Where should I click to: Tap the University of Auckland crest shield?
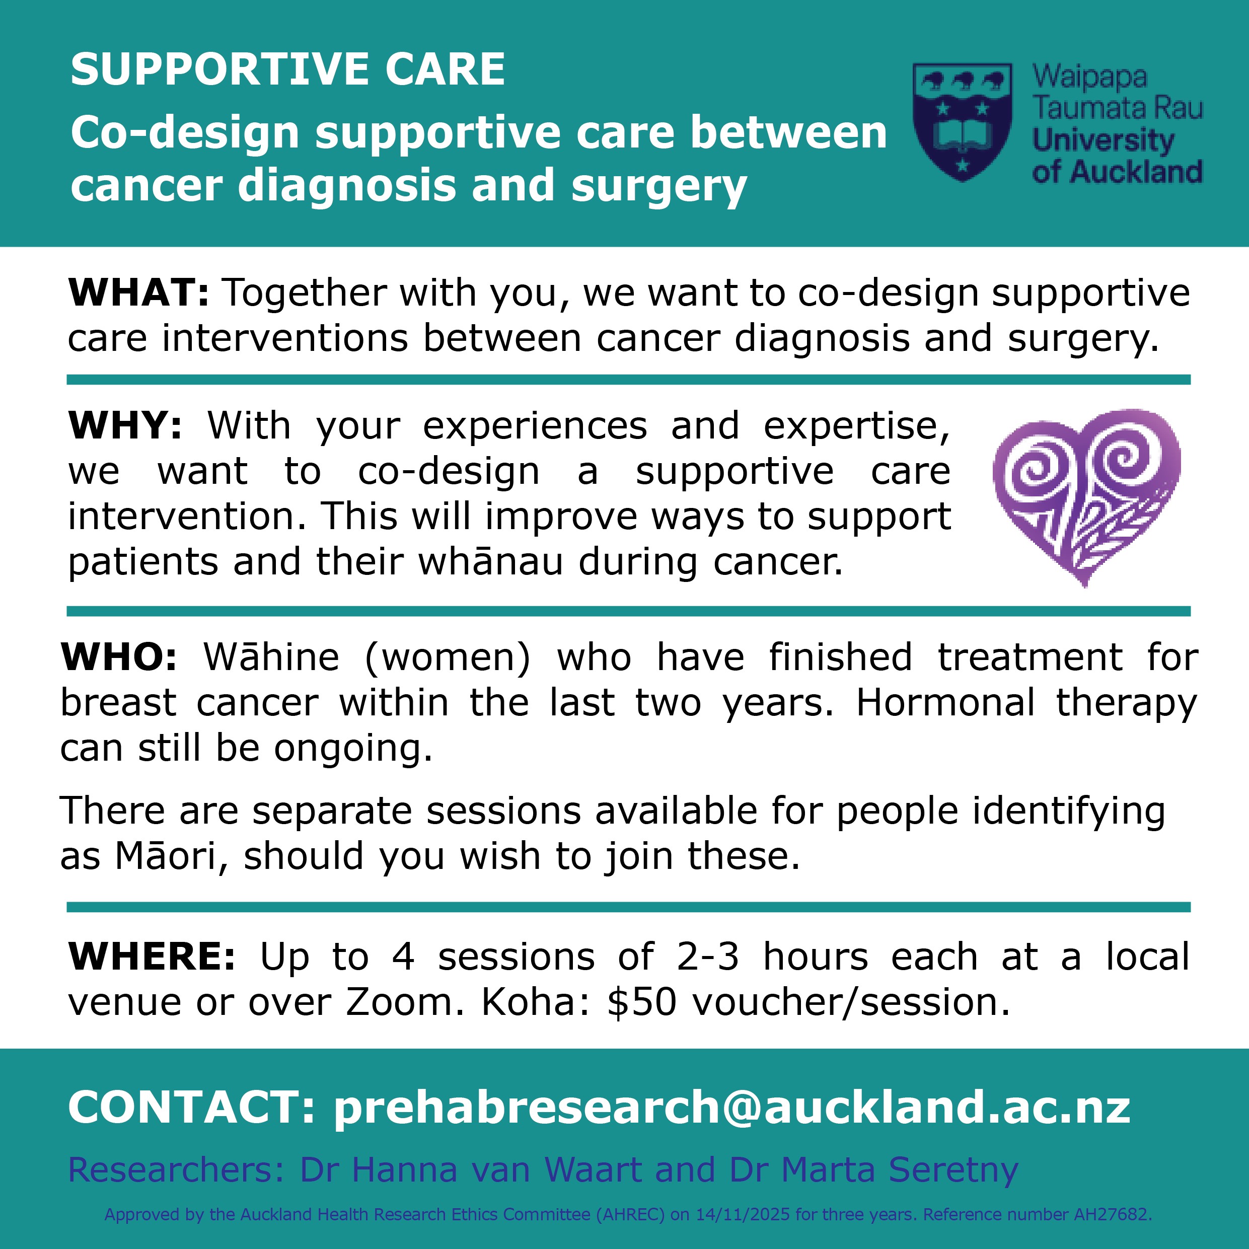coord(962,121)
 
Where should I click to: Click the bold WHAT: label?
coord(139,293)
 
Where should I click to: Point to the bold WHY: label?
coord(125,426)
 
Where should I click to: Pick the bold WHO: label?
coord(118,657)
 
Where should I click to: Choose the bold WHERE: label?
coord(152,957)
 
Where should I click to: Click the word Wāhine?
coord(271,657)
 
